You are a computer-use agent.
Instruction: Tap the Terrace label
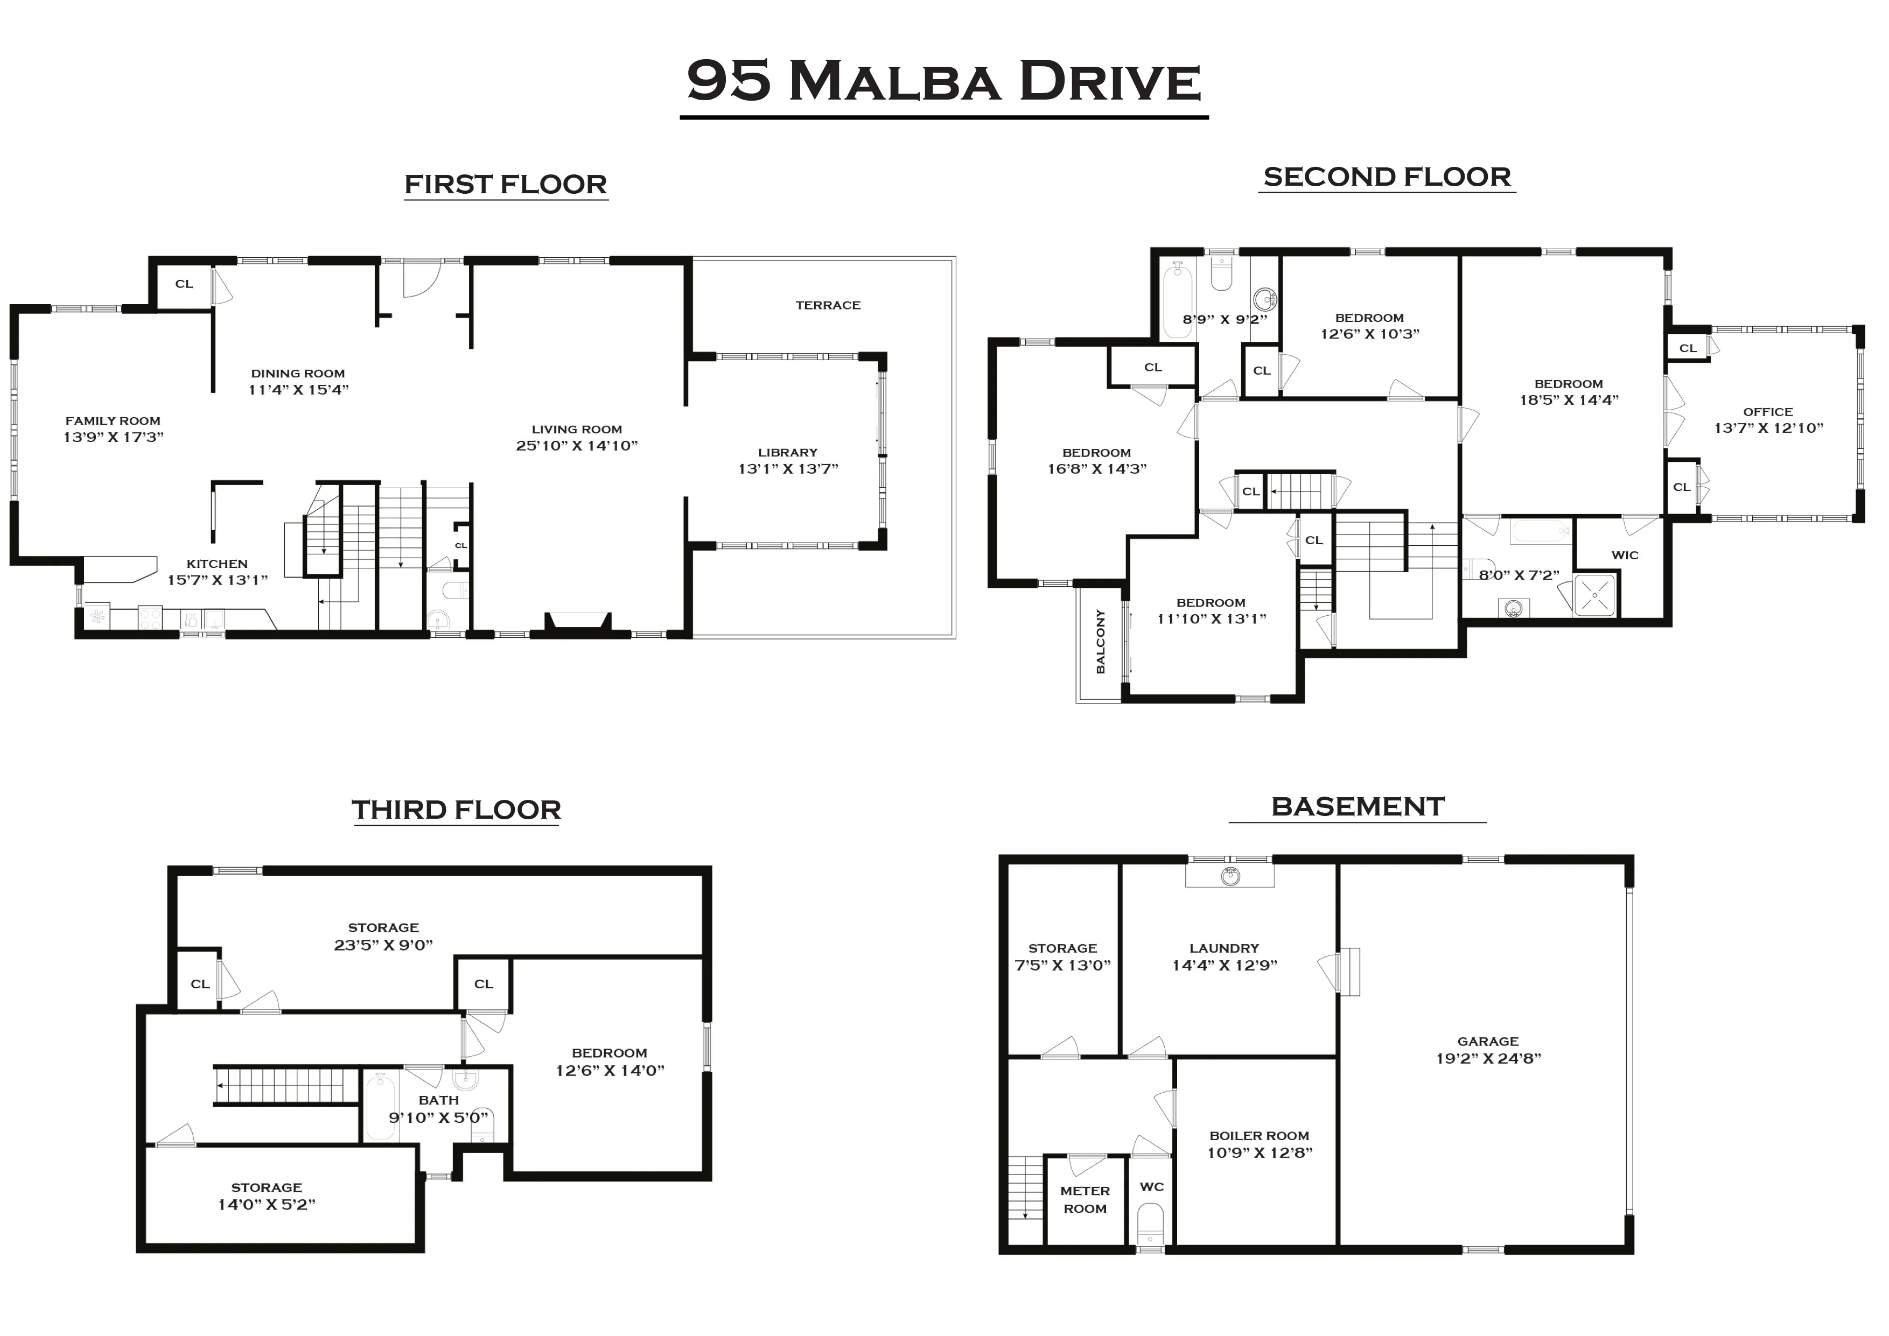pyautogui.click(x=828, y=305)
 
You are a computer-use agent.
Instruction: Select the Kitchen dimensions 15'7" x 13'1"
pyautogui.click(x=217, y=580)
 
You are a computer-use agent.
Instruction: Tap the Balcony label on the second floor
pyautogui.click(x=1100, y=642)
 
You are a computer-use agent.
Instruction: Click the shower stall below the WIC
pyautogui.click(x=1594, y=594)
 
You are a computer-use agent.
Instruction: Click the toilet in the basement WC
pyautogui.click(x=1150, y=1226)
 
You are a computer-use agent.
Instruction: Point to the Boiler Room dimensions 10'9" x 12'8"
pyautogui.click(x=1259, y=1152)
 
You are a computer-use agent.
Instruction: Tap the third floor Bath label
pyautogui.click(x=438, y=1100)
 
